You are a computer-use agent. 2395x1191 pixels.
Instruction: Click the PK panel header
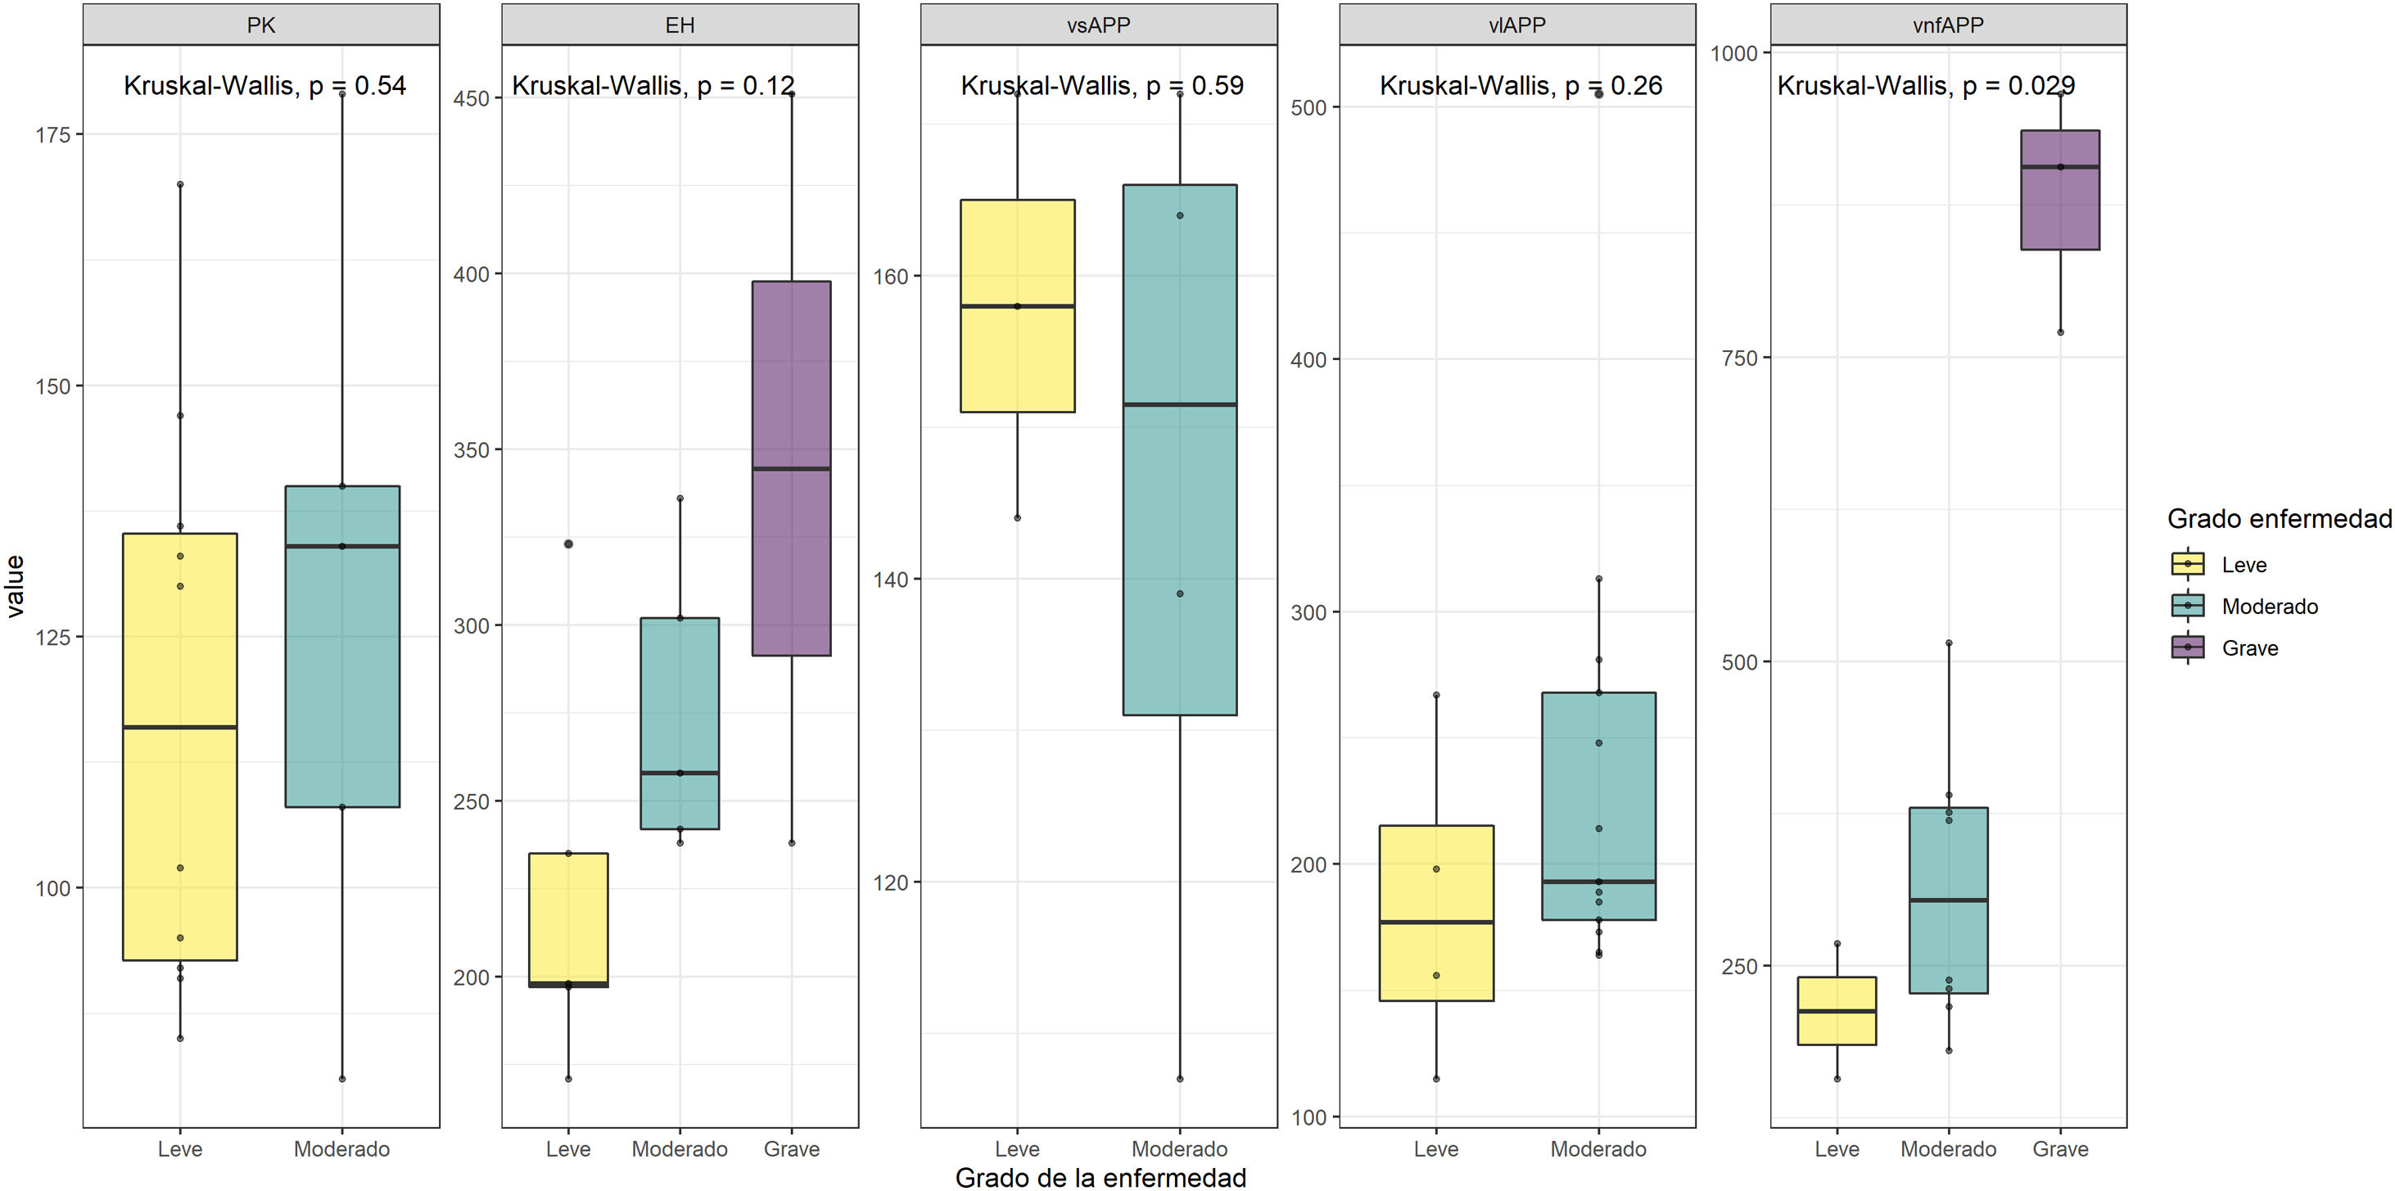pyautogui.click(x=261, y=25)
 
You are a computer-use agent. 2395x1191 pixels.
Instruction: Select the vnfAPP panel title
pyautogui.click(x=1948, y=25)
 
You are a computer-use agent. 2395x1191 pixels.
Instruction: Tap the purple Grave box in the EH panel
pyautogui.click(x=791, y=468)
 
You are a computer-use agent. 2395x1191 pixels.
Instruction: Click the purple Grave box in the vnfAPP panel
pyautogui.click(x=2060, y=191)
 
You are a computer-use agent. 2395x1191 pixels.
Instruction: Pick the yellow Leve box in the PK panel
pyautogui.click(x=180, y=747)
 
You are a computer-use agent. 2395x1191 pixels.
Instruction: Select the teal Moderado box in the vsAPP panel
pyautogui.click(x=1180, y=450)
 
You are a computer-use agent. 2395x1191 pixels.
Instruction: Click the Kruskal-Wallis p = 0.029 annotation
pyautogui.click(x=1926, y=85)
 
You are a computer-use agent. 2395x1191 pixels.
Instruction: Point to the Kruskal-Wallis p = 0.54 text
pyautogui.click(x=265, y=85)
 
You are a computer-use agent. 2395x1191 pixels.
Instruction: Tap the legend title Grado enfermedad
pyautogui.click(x=2279, y=519)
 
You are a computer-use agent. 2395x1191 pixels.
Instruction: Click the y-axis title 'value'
pyautogui.click(x=16, y=587)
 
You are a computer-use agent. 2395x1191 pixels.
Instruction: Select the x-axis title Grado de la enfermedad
pyautogui.click(x=1100, y=1178)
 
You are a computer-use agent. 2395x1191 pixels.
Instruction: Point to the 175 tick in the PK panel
pyautogui.click(x=53, y=135)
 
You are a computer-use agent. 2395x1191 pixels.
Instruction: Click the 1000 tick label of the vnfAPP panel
pyautogui.click(x=1734, y=54)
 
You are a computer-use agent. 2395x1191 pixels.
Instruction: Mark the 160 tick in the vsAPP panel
pyautogui.click(x=890, y=276)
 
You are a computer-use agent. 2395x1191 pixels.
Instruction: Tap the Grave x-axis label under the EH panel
pyautogui.click(x=791, y=1149)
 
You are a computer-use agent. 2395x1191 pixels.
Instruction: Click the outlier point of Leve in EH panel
pyautogui.click(x=569, y=544)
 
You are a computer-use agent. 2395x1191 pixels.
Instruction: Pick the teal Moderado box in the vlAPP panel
pyautogui.click(x=1598, y=806)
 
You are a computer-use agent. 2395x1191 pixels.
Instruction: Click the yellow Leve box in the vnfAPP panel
pyautogui.click(x=1837, y=1011)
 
